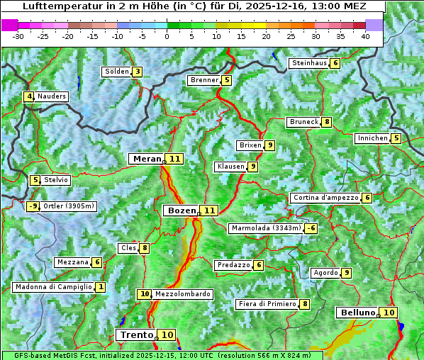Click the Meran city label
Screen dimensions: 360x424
tap(146, 159)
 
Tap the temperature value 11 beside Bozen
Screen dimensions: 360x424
tap(209, 210)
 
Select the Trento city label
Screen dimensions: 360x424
tap(137, 334)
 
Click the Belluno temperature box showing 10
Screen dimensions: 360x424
tap(388, 313)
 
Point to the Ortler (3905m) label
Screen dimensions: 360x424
tap(69, 206)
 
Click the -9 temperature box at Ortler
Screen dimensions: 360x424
tap(33, 206)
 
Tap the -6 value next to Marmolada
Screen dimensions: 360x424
tap(311, 228)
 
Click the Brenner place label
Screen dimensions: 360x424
tap(204, 80)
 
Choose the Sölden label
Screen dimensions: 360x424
tap(116, 72)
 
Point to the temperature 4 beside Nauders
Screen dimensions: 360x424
tap(29, 96)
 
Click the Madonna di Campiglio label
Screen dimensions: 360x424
tap(53, 287)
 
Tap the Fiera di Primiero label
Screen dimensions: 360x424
tap(267, 304)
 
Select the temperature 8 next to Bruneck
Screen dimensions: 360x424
tap(326, 122)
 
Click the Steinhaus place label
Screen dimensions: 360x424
tap(309, 63)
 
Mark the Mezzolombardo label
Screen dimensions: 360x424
tap(182, 293)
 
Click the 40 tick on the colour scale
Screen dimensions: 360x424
tap(365, 36)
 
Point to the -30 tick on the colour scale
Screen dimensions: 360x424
tap(18, 36)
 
